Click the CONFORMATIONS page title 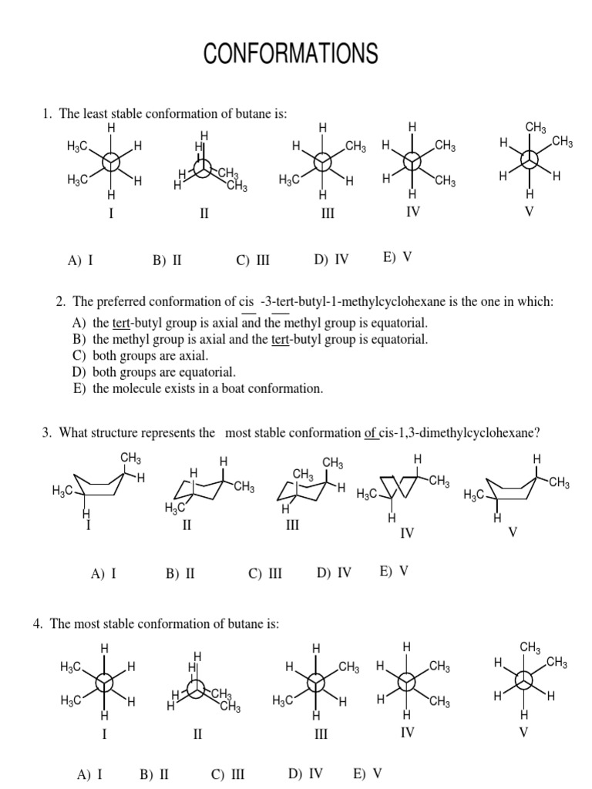[x=291, y=53]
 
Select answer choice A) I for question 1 [x=80, y=260]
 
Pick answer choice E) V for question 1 [x=397, y=257]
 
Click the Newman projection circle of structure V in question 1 [x=529, y=161]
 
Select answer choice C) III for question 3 [x=265, y=573]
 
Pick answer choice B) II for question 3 [x=181, y=573]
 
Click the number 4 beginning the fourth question [x=37, y=623]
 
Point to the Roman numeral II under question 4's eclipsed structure [x=197, y=735]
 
